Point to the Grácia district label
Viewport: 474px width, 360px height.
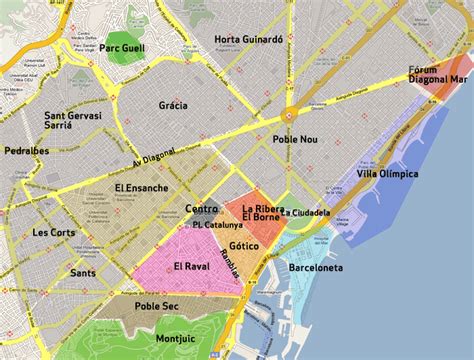173,105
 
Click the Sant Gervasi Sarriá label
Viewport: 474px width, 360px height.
70,122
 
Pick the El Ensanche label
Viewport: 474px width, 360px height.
141,187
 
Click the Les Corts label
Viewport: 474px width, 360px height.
53,232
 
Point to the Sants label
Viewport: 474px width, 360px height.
83,272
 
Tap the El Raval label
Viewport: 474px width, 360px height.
190,266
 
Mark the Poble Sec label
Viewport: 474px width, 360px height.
156,306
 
